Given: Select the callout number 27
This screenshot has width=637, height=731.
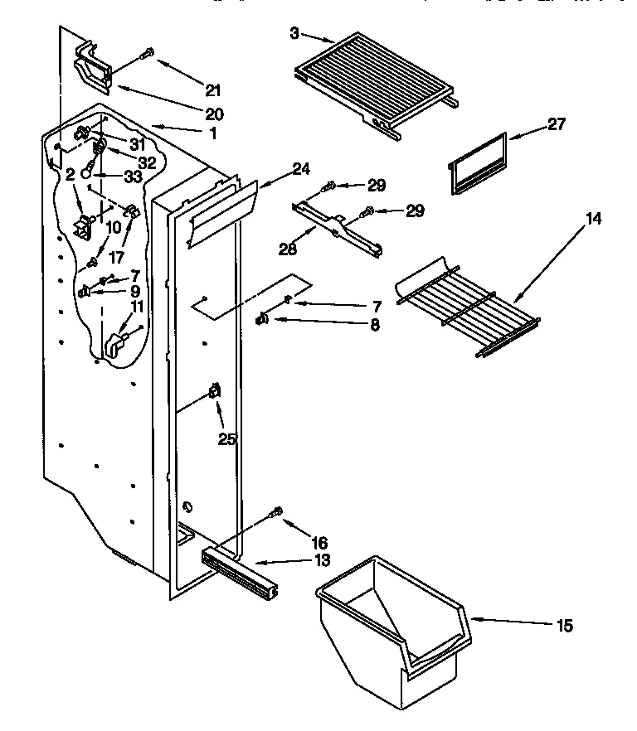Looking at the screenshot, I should pos(556,124).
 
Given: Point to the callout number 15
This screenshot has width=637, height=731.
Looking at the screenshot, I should pos(564,626).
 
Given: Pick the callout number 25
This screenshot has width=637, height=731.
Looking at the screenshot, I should pos(227,438).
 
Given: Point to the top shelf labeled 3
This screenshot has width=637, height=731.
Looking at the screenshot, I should pos(373,79).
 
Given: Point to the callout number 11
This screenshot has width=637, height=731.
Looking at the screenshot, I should pos(137,307).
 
